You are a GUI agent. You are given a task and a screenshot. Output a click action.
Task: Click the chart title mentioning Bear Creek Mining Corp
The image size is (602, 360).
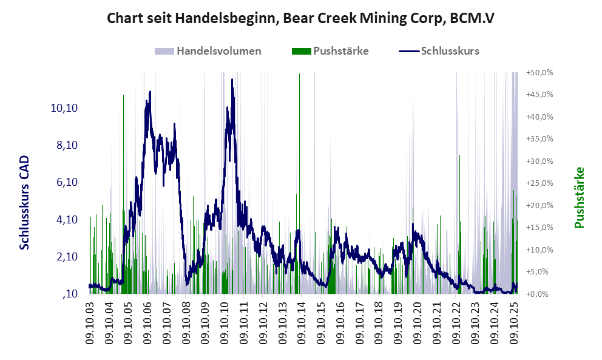(300, 18)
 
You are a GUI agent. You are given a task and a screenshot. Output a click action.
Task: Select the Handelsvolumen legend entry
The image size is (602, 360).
(218, 51)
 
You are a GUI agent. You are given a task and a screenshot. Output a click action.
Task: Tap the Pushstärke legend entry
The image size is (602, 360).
(340, 51)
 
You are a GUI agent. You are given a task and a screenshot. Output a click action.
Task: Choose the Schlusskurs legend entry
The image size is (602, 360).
(450, 51)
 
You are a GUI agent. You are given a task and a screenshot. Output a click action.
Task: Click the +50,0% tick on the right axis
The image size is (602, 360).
(539, 72)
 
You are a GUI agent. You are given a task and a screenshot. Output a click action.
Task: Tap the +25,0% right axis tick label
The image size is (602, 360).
(539, 183)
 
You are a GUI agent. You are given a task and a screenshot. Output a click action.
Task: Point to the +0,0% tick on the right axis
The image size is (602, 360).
(541, 294)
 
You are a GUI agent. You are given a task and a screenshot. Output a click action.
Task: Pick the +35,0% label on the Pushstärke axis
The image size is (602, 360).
(539, 139)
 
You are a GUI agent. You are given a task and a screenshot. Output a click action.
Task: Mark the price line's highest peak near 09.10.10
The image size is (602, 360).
(232, 80)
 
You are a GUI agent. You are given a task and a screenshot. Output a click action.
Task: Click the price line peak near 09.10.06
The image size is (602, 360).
(150, 92)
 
